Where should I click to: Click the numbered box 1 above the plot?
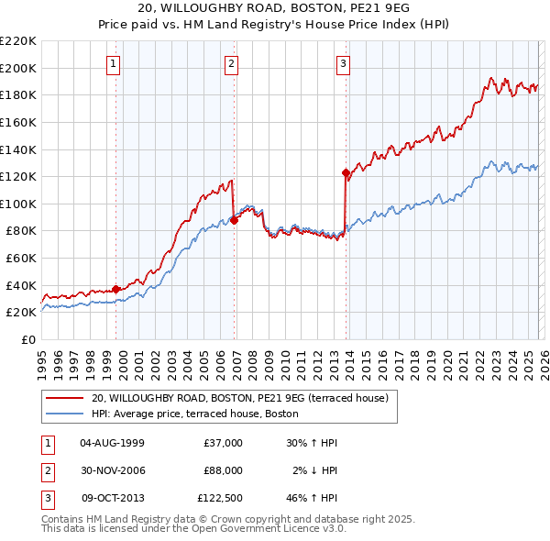click(113, 63)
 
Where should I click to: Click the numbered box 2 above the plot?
click(231, 63)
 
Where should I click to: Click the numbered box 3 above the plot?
click(343, 63)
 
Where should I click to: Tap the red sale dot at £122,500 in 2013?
click(346, 172)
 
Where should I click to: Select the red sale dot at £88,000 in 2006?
click(235, 219)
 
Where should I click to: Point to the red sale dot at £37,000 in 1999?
click(116, 289)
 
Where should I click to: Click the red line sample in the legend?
click(65, 398)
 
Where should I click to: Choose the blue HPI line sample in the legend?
click(65, 413)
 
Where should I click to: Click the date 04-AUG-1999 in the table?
click(113, 443)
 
